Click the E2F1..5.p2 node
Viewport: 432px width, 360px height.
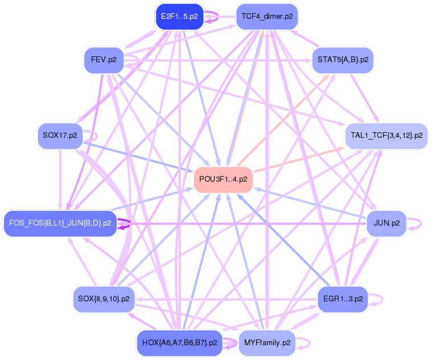179,17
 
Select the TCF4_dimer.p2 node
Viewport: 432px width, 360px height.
267,17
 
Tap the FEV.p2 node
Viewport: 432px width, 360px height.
104,60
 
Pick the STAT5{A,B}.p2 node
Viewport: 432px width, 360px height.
343,60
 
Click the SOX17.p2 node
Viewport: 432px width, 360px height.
60,136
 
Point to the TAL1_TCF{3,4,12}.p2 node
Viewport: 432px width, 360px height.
386,136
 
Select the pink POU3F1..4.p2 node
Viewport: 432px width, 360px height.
223,179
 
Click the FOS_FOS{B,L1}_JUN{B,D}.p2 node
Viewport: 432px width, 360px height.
60,223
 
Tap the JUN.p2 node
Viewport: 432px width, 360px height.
386,223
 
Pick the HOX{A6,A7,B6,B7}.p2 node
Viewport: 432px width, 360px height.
179,343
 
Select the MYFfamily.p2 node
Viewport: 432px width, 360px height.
267,343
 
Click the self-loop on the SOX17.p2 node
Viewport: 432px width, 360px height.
96,137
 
